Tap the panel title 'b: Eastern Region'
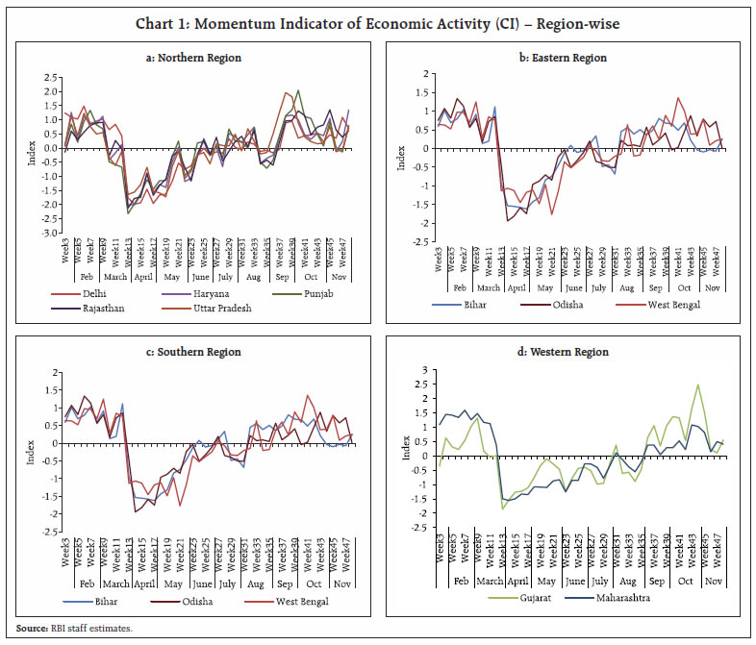(x=566, y=59)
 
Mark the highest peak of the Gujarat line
(x=697, y=385)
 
